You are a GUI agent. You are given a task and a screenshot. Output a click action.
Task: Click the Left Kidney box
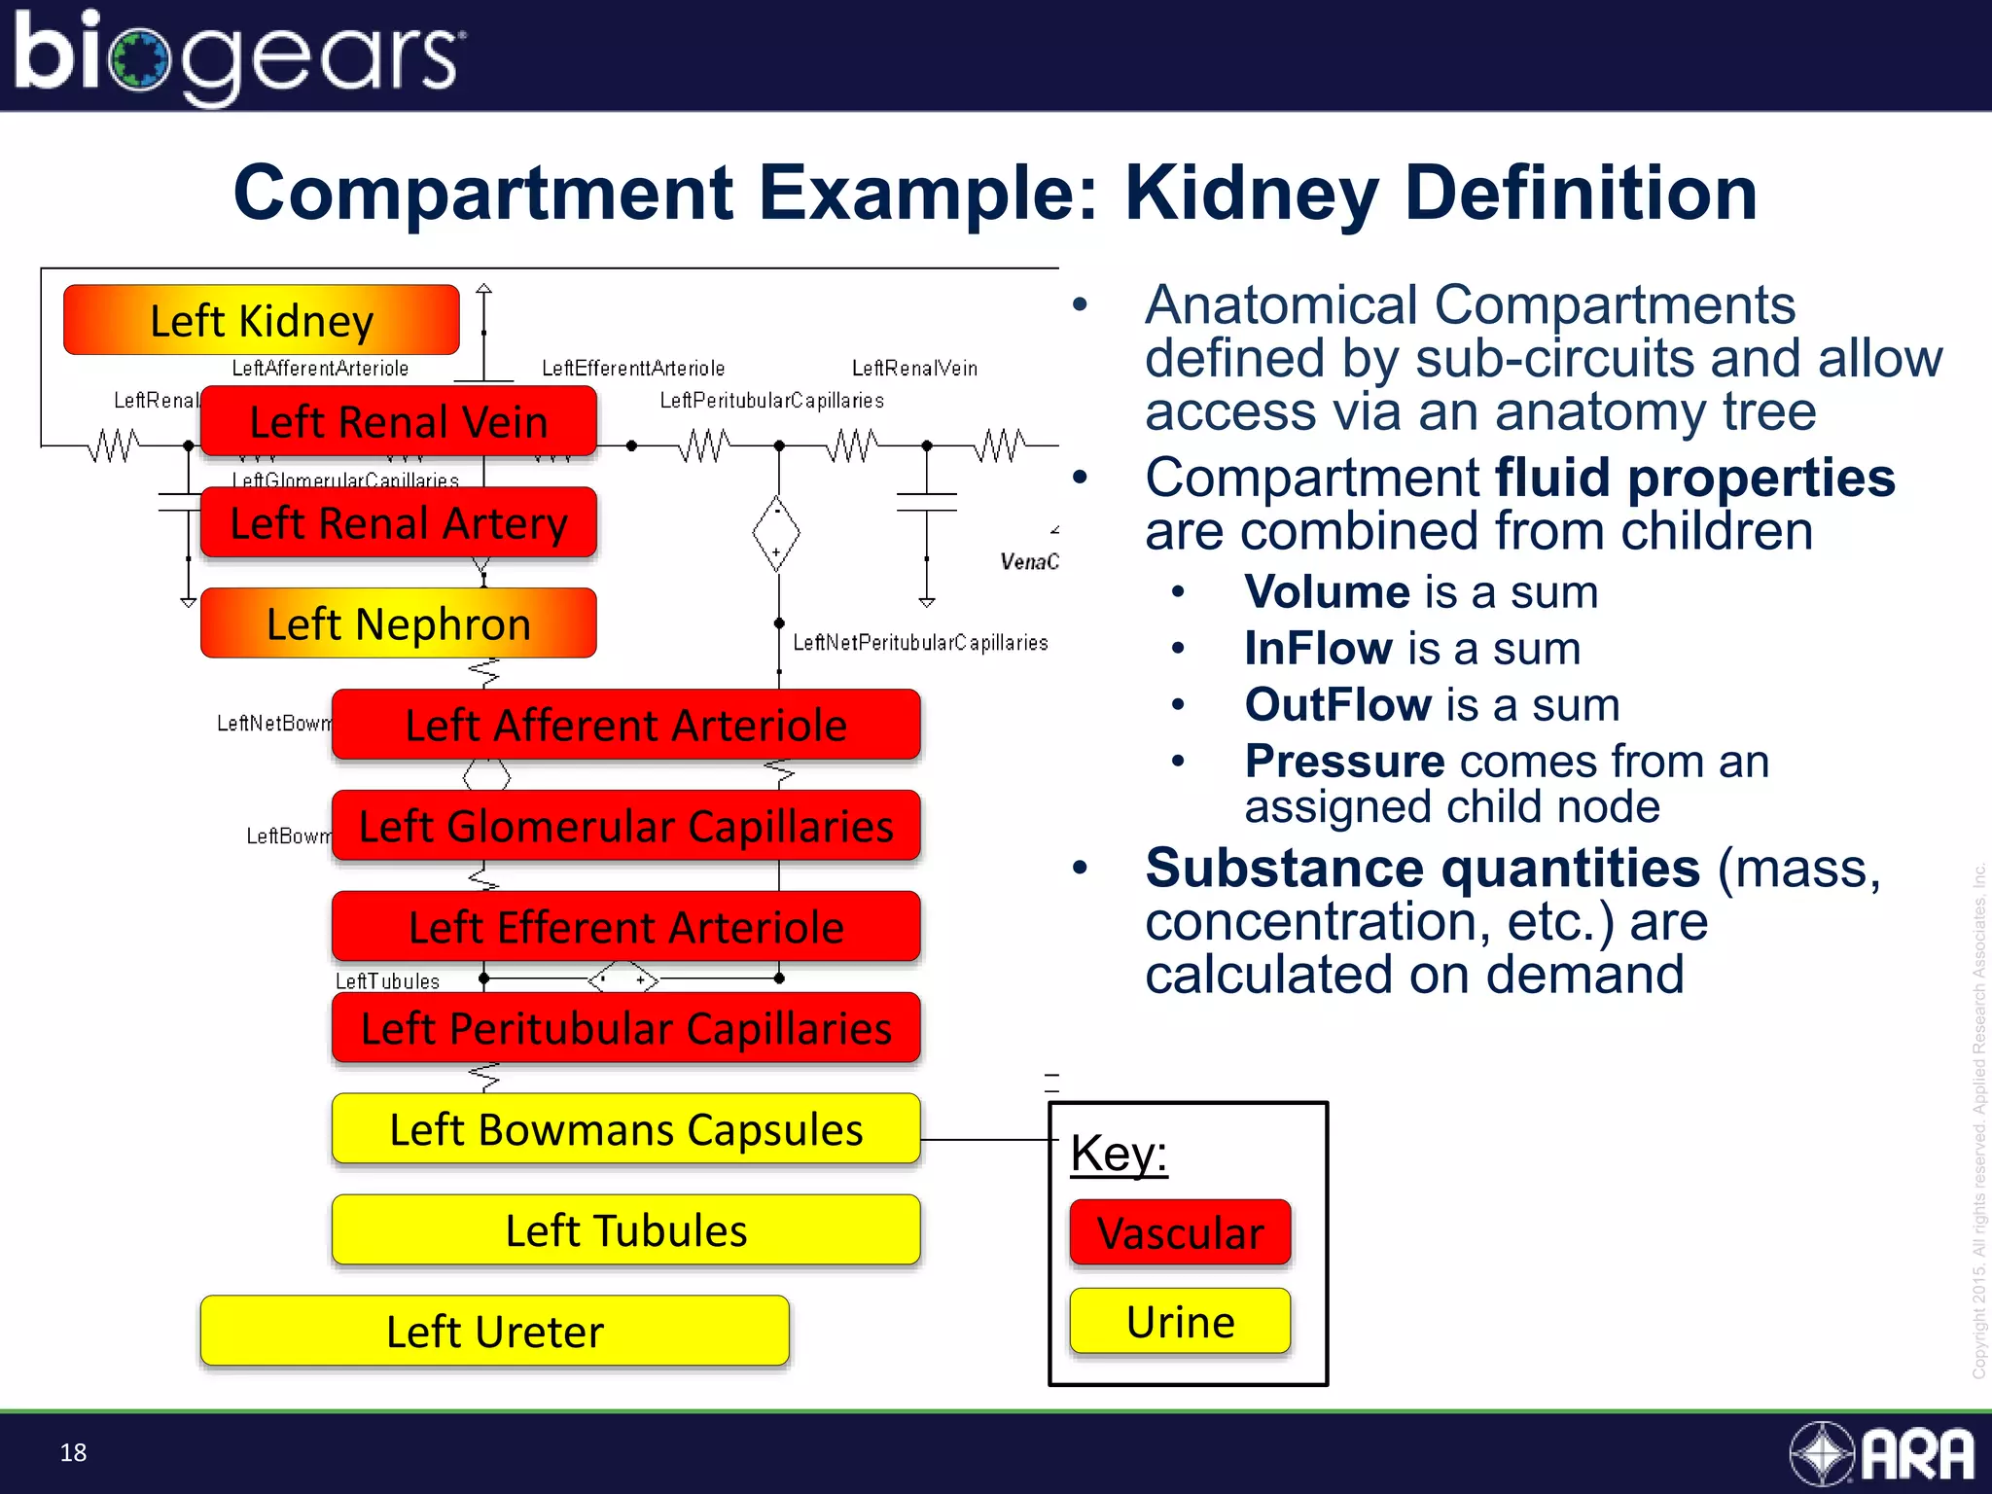261,320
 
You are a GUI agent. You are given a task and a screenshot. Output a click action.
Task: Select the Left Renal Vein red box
398,421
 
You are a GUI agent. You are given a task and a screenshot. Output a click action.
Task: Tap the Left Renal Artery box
398,522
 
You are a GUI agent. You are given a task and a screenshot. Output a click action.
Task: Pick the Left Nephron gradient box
398,623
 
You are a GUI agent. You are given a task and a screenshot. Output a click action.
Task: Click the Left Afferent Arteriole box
625,725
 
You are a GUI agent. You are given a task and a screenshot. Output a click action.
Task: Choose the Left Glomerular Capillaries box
625,826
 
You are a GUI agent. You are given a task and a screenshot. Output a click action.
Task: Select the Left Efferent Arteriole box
625,927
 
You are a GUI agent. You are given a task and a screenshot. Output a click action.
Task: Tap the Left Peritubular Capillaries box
625,1028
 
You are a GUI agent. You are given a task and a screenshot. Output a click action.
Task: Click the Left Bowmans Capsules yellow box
625,1129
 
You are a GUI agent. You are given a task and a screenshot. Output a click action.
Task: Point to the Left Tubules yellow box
625,1230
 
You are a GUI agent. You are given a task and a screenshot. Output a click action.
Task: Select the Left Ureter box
494,1332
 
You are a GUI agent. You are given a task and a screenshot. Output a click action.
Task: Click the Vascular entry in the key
1180,1232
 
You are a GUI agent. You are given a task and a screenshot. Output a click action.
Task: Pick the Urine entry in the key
1180,1322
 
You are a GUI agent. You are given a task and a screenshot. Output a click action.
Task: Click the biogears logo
238,55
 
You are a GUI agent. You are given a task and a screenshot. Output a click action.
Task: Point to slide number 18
73,1452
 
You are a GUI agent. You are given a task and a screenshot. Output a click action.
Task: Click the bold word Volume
1327,591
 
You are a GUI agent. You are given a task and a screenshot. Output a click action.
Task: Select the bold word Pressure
1344,761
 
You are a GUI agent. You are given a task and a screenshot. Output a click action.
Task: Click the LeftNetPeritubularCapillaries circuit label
920,643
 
